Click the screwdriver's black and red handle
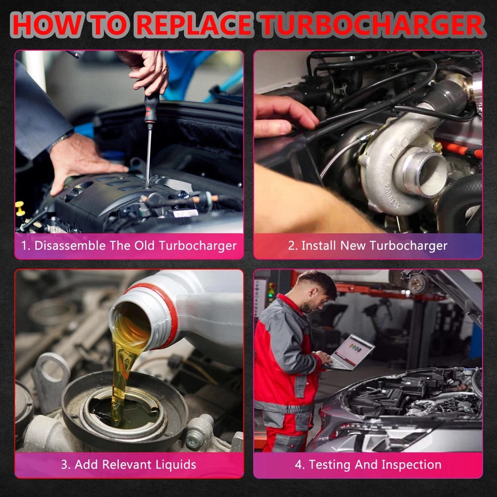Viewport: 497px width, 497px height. pos(151,106)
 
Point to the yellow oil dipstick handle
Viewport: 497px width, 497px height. pos(20,208)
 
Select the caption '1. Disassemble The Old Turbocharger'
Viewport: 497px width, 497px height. pos(129,246)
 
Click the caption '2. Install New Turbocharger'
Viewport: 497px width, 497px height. pos(368,246)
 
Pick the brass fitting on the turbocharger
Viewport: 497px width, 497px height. pos(437,147)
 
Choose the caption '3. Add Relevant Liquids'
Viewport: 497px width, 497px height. pos(128,465)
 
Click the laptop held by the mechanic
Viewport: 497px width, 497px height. pos(350,352)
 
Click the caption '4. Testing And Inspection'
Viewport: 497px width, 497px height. pos(368,465)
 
